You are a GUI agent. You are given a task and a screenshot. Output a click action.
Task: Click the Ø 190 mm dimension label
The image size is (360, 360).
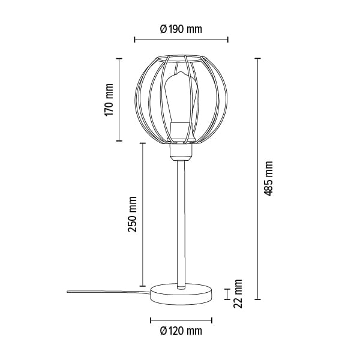181,29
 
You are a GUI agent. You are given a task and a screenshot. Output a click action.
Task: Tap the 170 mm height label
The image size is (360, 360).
109,100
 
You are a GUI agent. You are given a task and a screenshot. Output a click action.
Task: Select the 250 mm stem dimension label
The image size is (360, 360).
133,214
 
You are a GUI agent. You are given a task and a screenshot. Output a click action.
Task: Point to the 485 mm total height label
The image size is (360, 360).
268,178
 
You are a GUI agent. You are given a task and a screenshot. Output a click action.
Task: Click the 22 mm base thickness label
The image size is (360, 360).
238,293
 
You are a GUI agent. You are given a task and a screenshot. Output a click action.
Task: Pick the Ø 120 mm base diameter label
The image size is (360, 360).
181,331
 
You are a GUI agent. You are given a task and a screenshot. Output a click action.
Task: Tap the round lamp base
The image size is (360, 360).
181,295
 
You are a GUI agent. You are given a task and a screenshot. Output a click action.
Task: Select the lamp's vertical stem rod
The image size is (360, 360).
181,224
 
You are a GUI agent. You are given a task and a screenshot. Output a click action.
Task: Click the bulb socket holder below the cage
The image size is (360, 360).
181,152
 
